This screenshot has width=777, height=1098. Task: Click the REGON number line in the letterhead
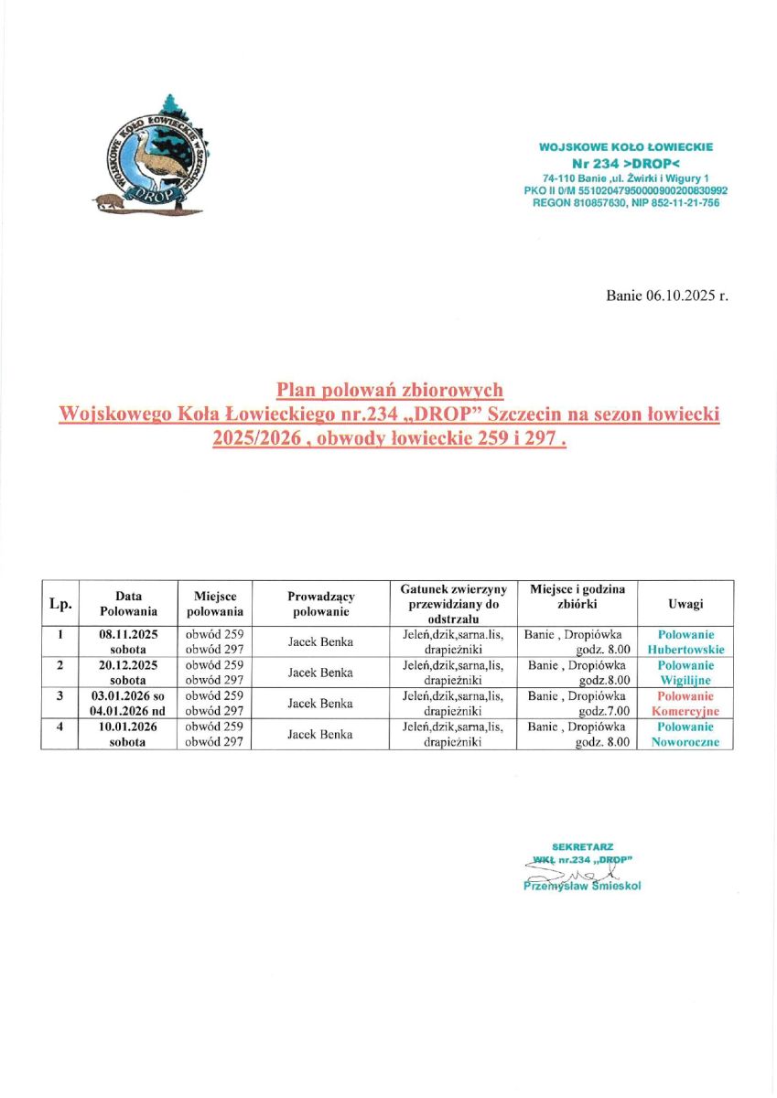(626, 202)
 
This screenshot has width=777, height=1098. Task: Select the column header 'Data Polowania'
(128, 603)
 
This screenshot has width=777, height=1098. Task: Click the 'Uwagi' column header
(685, 603)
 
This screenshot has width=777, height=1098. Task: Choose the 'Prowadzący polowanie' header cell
(320, 603)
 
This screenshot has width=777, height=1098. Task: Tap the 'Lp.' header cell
(60, 603)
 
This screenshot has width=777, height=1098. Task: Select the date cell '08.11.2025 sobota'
(128, 641)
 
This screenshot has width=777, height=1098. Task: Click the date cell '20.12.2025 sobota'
(128, 673)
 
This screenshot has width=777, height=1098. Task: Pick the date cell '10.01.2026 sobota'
(128, 735)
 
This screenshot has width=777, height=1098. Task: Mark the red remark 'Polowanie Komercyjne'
(685, 704)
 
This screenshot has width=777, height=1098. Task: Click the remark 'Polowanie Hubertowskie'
(685, 641)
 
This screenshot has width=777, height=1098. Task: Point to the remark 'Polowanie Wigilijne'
(685, 673)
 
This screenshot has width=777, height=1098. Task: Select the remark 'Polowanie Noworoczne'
(685, 735)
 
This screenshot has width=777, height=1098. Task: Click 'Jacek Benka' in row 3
(320, 704)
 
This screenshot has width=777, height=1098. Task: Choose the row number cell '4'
(60, 727)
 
